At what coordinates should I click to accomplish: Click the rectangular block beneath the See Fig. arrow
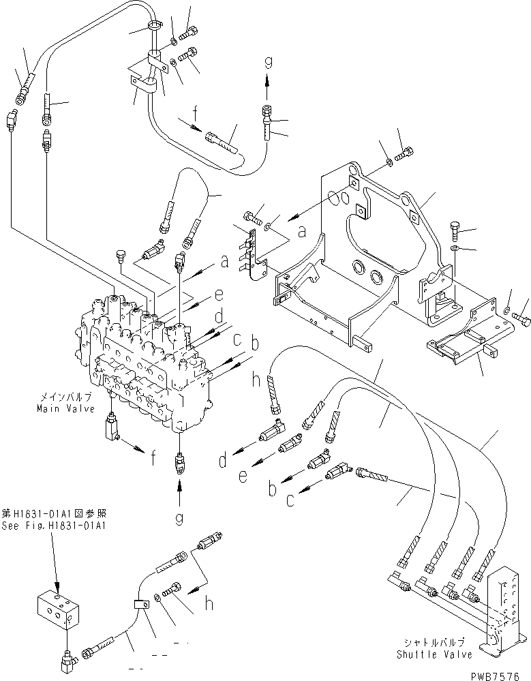tap(60, 609)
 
